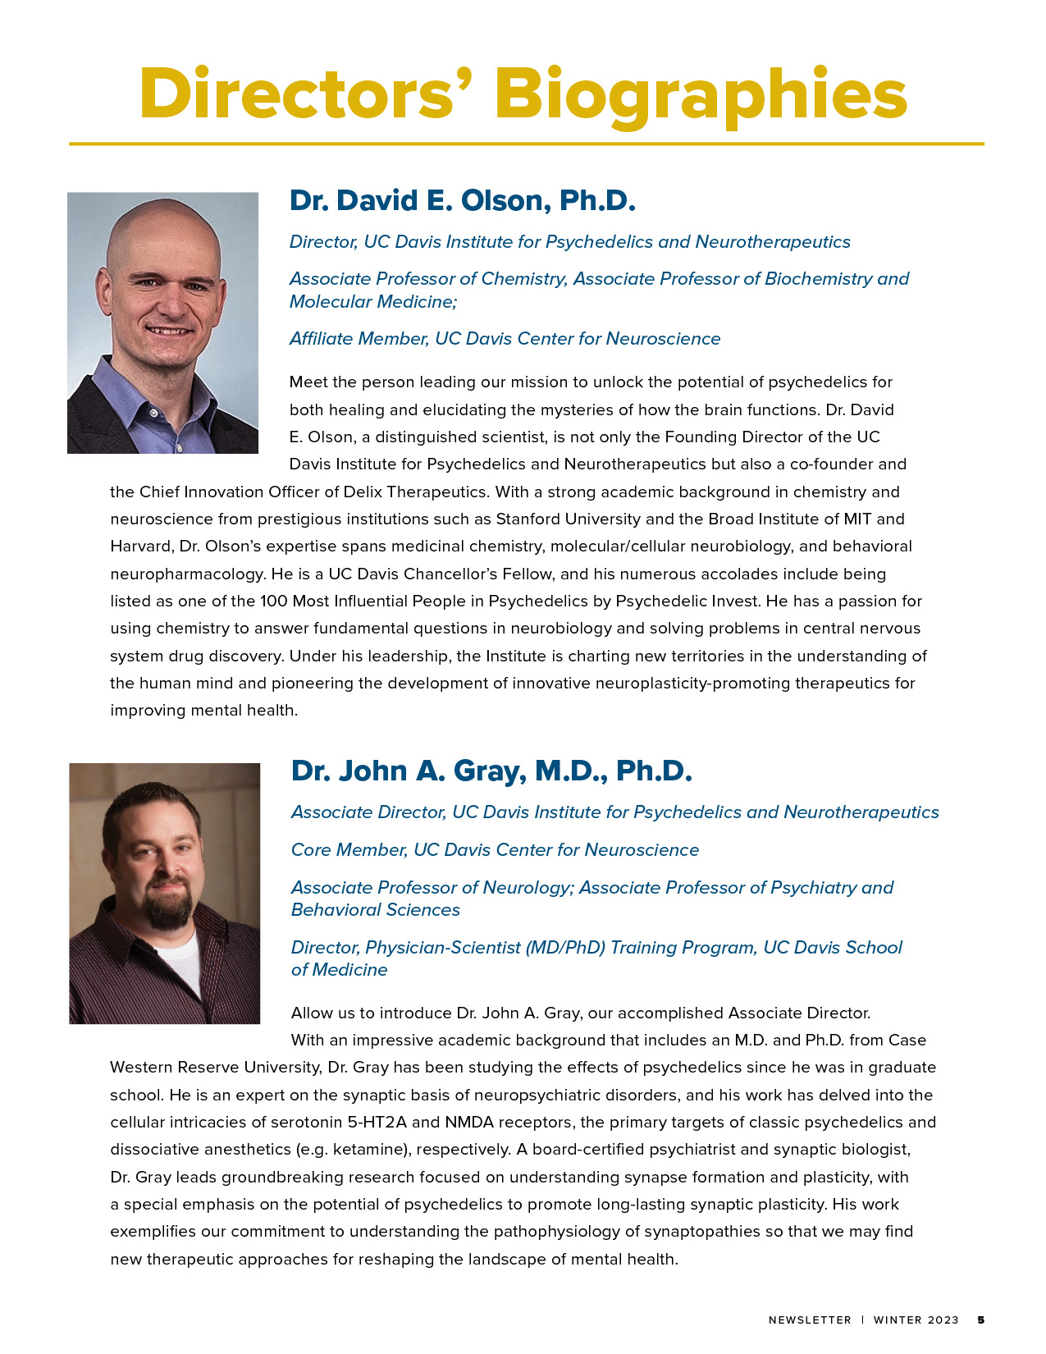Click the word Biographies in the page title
pyautogui.click(x=701, y=95)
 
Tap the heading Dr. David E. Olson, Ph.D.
pyautogui.click(x=462, y=200)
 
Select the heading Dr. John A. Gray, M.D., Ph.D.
pyautogui.click(x=491, y=771)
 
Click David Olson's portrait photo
pyautogui.click(x=162, y=322)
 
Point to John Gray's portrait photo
pyautogui.click(x=164, y=894)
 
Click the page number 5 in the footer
pyautogui.click(x=980, y=1320)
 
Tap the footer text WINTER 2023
pyautogui.click(x=916, y=1320)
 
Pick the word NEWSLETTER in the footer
pyautogui.click(x=810, y=1320)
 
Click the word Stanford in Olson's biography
pyautogui.click(x=527, y=519)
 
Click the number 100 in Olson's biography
pyautogui.click(x=273, y=601)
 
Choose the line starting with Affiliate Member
pyautogui.click(x=505, y=338)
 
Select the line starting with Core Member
pyautogui.click(x=495, y=849)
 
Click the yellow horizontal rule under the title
pyautogui.click(x=526, y=144)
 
